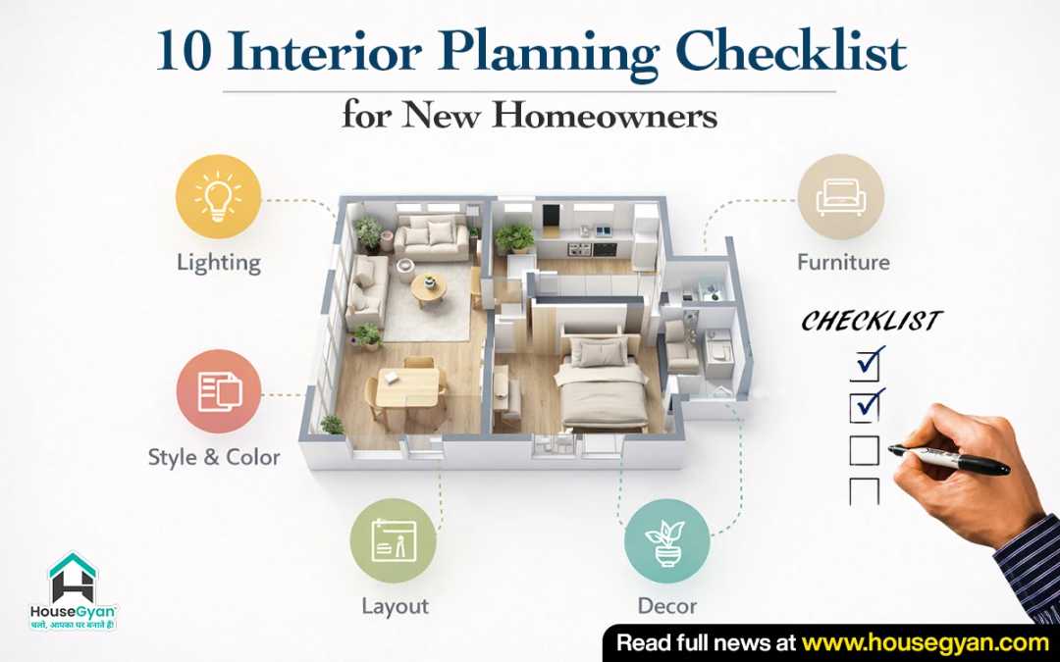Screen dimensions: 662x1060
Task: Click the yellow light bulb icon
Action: click(x=218, y=196)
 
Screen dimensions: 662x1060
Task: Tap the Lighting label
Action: click(x=218, y=263)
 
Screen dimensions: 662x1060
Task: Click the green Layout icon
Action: click(x=394, y=540)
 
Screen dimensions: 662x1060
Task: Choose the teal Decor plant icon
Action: click(x=667, y=540)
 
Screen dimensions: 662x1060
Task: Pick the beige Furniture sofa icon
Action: click(x=841, y=196)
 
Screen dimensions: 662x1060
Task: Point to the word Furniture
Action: click(x=843, y=263)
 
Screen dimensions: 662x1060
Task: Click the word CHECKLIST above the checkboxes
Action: click(x=872, y=322)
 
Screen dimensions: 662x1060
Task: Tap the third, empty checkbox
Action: click(x=864, y=450)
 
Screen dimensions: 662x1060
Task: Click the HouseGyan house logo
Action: click(x=73, y=579)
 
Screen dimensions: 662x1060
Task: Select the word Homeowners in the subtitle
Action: click(x=605, y=117)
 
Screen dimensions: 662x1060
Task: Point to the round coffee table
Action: click(x=429, y=285)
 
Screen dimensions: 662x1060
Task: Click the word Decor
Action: click(x=667, y=606)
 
